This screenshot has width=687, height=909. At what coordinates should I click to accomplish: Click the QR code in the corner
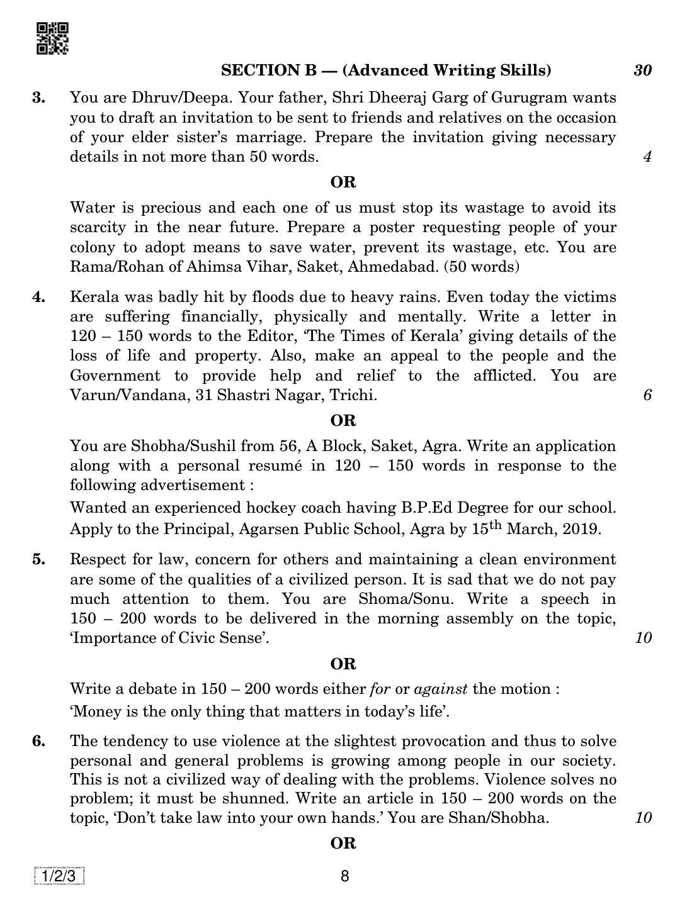click(x=52, y=38)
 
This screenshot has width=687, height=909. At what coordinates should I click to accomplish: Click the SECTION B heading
click(x=385, y=70)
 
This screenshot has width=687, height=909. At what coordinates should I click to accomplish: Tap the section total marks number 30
click(x=642, y=70)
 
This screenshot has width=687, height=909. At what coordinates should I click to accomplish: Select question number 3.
click(x=39, y=98)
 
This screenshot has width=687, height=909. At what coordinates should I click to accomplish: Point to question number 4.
click(x=39, y=297)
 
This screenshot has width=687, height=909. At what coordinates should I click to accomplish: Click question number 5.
click(x=39, y=559)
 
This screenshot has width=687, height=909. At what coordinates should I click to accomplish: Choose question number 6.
click(x=39, y=741)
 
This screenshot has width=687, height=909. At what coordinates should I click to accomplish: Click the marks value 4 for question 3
click(x=647, y=157)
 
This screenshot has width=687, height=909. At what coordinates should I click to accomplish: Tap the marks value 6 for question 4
click(x=647, y=395)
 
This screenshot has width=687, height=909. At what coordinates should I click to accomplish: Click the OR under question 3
click(x=343, y=182)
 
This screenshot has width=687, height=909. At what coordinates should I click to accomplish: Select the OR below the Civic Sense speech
click(x=343, y=664)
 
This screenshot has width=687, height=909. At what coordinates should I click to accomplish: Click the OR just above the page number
click(x=343, y=844)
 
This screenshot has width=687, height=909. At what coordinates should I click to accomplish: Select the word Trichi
click(x=356, y=395)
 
